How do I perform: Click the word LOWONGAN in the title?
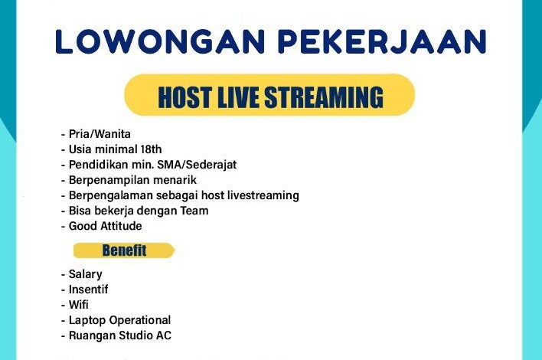[160, 42]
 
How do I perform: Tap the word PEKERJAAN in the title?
[382, 42]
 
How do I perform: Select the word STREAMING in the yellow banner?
[324, 97]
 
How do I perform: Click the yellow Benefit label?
[124, 250]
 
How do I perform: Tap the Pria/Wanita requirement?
[100, 134]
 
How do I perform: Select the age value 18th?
[151, 149]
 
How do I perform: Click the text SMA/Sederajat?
[197, 165]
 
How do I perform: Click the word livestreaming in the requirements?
[263, 196]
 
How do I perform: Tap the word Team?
[194, 211]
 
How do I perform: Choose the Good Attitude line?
[105, 226]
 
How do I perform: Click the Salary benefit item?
[86, 274]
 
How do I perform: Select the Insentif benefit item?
[89, 290]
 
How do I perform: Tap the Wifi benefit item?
[78, 305]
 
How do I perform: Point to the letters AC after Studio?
[164, 335]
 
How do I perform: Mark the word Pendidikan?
[98, 165]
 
